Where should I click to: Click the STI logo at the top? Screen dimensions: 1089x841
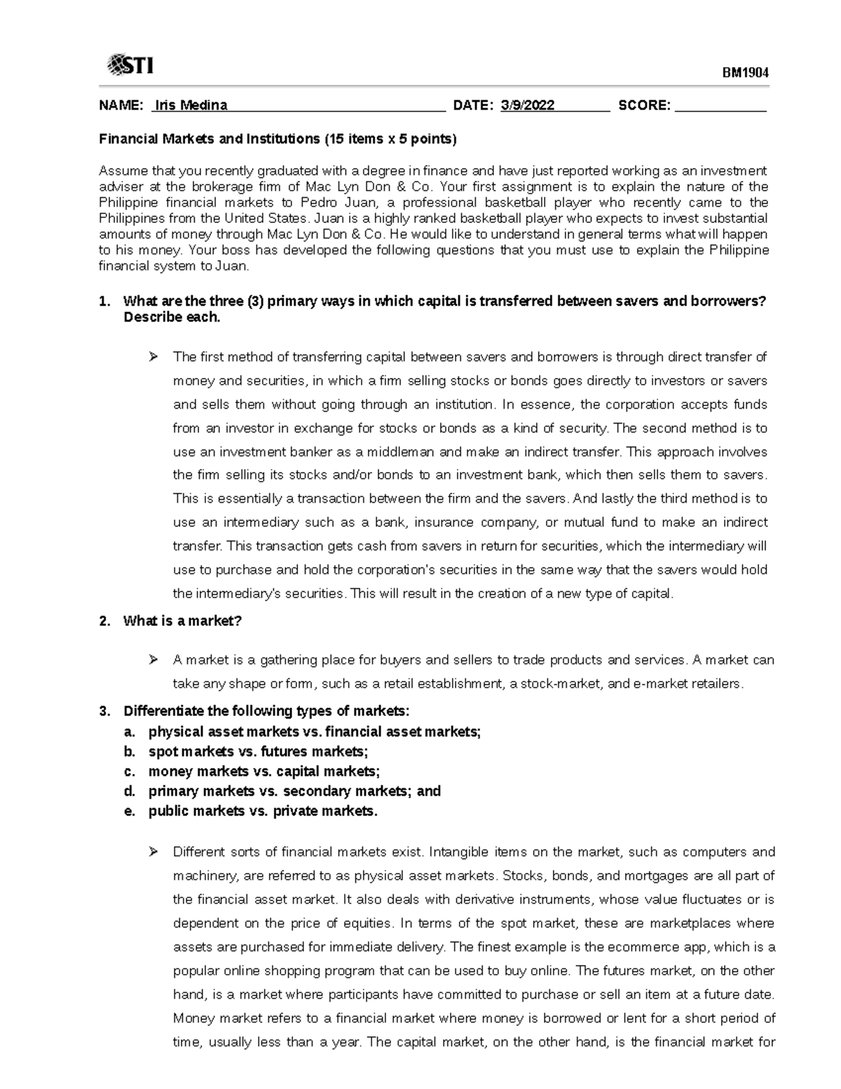point(130,66)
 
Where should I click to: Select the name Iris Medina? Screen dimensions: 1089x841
point(191,106)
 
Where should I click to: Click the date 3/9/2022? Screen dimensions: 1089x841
point(528,106)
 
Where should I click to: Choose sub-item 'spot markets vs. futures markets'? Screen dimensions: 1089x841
point(257,751)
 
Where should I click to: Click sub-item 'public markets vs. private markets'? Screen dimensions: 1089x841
point(263,811)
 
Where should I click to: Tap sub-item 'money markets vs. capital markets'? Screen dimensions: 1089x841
point(264,771)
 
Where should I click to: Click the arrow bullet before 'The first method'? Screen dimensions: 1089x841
point(153,358)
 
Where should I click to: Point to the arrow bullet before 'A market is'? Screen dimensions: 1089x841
point(153,660)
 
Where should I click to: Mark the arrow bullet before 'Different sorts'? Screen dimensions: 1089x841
point(153,852)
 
